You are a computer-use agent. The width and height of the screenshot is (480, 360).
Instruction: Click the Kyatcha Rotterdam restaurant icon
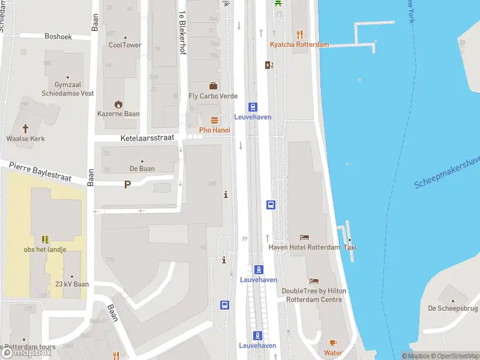tap(299, 34)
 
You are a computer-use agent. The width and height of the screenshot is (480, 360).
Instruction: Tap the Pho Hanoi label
tap(214, 130)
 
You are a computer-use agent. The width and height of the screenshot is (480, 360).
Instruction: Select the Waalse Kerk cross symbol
tap(26, 128)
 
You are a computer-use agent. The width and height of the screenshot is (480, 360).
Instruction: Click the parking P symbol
tap(127, 184)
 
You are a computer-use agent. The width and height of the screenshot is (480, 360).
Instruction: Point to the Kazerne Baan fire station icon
tap(118, 103)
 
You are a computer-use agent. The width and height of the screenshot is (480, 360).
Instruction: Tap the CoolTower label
tap(125, 45)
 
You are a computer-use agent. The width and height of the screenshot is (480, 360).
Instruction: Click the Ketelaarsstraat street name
tap(147, 137)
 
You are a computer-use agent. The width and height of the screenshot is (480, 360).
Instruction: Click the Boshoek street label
tap(58, 37)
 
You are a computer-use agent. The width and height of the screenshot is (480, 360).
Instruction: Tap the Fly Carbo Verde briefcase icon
tap(213, 86)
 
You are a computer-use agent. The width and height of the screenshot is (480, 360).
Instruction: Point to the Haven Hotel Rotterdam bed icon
tap(304, 237)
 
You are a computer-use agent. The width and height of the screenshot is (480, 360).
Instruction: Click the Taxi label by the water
tap(350, 247)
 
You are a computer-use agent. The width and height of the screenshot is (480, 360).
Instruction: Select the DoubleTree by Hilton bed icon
tap(314, 281)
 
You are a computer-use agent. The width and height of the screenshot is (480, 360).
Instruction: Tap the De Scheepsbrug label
tap(453, 308)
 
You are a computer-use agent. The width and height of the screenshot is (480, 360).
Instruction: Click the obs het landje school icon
tap(45, 239)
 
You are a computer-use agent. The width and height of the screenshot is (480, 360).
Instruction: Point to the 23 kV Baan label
tap(72, 284)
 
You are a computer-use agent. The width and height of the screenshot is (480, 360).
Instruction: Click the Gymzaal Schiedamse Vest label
tap(67, 89)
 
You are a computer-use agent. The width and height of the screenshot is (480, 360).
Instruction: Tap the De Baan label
tap(142, 169)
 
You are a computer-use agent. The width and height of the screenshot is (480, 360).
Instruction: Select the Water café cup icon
tap(333, 343)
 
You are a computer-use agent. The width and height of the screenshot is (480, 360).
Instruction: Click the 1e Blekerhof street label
tap(181, 33)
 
